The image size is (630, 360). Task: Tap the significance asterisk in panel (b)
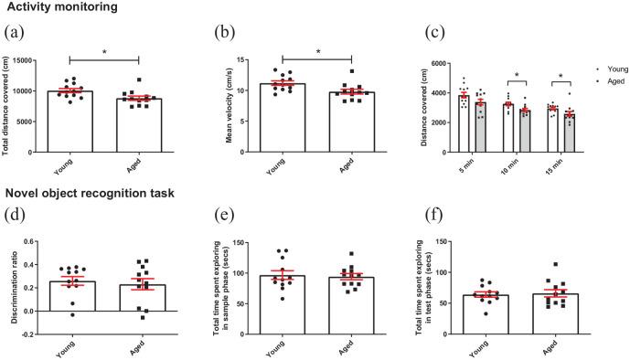tap(317, 52)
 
